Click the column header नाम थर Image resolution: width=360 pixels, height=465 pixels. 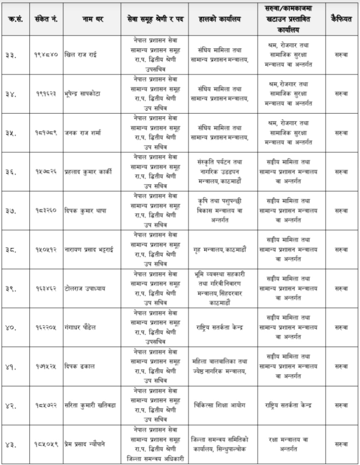91,20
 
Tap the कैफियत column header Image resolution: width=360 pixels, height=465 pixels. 341,20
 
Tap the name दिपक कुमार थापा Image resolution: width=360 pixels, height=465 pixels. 83,210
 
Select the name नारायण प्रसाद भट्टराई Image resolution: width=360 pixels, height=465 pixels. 89,249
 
